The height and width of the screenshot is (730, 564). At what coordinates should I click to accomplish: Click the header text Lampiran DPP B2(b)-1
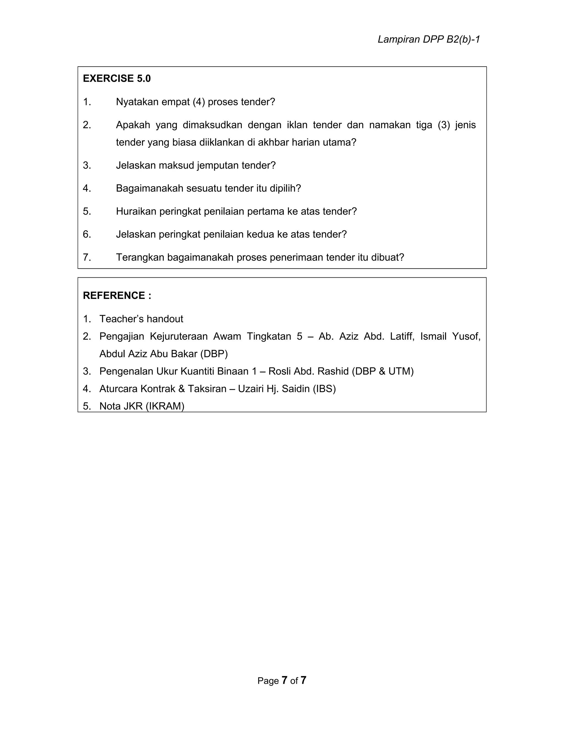point(429,39)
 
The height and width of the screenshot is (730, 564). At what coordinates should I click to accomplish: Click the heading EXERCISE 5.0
point(116,78)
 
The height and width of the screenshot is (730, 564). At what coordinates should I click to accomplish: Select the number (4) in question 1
point(199,102)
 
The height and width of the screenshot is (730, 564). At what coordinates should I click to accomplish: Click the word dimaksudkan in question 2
point(212,125)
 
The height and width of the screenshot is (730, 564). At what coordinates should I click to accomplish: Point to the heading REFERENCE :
point(117,296)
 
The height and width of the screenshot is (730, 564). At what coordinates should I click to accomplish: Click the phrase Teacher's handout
point(141,319)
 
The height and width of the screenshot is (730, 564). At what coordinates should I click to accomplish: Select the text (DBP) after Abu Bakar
point(214,354)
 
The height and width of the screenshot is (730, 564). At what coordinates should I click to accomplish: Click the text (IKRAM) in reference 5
point(165,406)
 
